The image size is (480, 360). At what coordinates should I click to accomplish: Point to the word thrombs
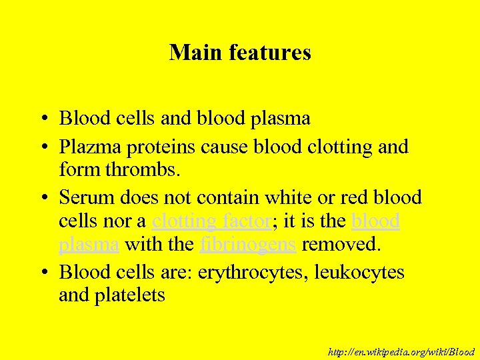pos(147,170)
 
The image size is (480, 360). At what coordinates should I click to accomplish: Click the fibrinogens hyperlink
pos(247,245)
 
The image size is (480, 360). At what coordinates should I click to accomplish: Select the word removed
pos(341,245)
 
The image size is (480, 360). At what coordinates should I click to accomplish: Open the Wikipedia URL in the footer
pos(401,351)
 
